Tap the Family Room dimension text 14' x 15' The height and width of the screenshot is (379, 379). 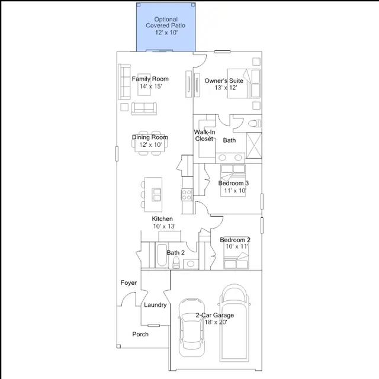[x=150, y=86]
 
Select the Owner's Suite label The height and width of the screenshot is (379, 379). [x=224, y=81]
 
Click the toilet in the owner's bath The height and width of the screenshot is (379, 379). [x=255, y=124]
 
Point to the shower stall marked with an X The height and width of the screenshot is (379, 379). [x=254, y=146]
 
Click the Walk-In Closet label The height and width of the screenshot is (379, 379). [x=204, y=136]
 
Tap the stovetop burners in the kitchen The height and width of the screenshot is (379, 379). [x=187, y=195]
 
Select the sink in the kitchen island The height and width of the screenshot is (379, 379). [x=156, y=195]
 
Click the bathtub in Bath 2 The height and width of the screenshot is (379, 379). [x=162, y=255]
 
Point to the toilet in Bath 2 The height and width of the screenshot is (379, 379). [x=176, y=262]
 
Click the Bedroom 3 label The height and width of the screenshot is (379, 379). [x=233, y=183]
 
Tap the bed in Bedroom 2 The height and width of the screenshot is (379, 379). [x=236, y=253]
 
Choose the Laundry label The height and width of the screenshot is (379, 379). [x=155, y=305]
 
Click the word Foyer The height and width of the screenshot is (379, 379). [x=129, y=283]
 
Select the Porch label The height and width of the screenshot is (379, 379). [x=140, y=334]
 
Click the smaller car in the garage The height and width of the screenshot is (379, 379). [x=191, y=327]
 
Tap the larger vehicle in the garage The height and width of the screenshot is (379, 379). [x=234, y=323]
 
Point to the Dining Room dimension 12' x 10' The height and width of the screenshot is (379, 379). [x=150, y=144]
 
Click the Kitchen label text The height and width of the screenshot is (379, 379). [x=162, y=219]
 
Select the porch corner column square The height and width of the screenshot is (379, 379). [x=118, y=346]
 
